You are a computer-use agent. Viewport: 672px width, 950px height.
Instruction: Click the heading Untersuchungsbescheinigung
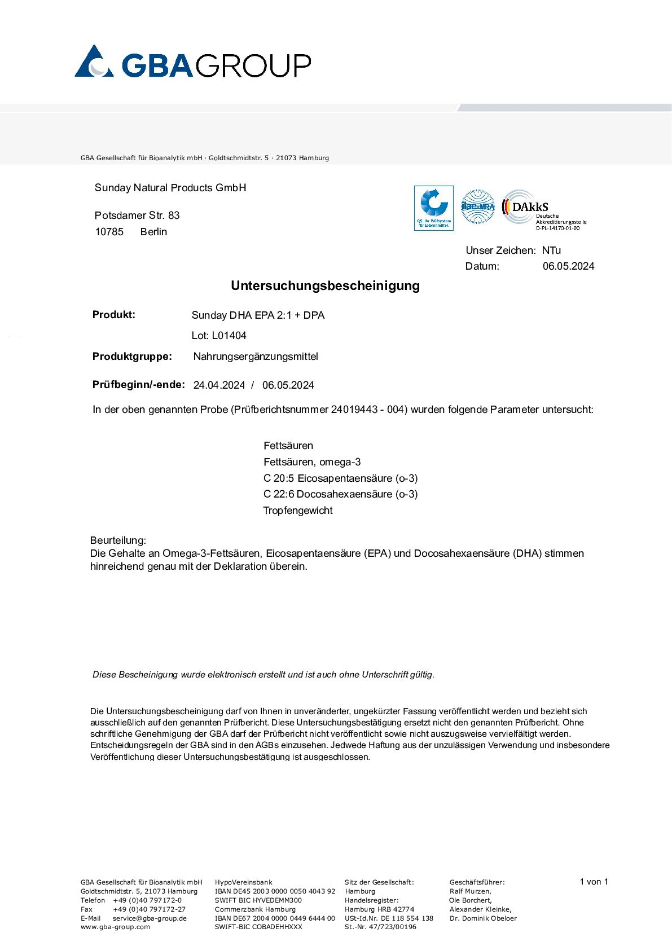(325, 286)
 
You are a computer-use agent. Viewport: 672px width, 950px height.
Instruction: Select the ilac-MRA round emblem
(478, 206)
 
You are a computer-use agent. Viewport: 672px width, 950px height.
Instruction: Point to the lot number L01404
(219, 336)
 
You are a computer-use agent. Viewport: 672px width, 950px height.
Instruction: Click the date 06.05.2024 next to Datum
(568, 266)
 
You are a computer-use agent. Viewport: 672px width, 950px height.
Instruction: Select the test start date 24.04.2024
(219, 385)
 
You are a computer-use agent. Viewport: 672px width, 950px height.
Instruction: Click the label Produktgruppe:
(132, 357)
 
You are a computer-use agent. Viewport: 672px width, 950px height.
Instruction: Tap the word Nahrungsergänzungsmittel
(256, 357)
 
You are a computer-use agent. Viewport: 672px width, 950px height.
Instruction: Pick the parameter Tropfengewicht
(298, 511)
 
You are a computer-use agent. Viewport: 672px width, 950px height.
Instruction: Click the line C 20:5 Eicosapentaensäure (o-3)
(340, 478)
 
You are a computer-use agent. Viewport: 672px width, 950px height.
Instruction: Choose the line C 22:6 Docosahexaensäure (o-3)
(340, 494)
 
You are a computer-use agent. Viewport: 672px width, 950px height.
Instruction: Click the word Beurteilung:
(118, 540)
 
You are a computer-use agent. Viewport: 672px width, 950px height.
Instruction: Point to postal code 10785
(109, 232)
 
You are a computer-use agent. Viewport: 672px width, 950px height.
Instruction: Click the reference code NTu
(551, 250)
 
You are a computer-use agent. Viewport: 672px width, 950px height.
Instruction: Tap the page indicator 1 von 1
(594, 882)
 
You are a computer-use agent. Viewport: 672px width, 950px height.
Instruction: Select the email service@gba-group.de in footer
(150, 918)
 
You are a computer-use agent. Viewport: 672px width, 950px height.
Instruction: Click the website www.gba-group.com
(116, 927)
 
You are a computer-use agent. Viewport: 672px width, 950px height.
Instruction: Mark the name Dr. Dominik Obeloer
(483, 918)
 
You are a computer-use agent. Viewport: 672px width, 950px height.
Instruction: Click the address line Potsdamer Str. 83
(137, 215)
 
